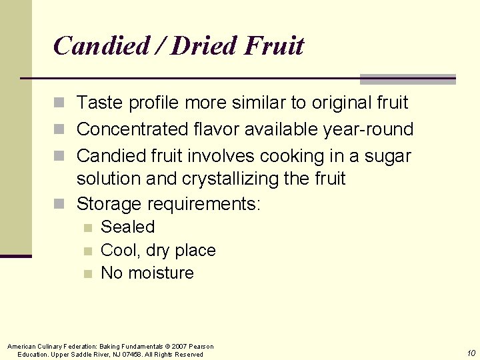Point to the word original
[335, 103]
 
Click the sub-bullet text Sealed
[127, 227]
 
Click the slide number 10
[471, 353]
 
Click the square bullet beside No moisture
[87, 273]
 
